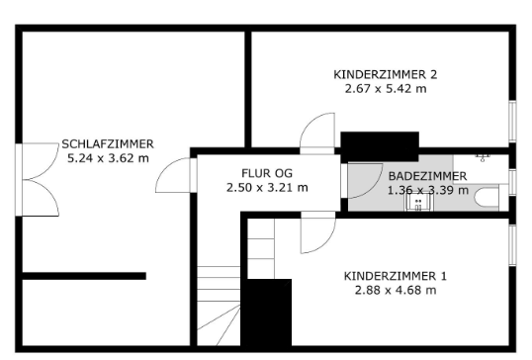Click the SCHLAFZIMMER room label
coord(108,143)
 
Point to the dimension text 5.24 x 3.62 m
coord(108,157)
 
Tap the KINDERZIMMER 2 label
coord(386,74)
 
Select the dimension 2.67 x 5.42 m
coord(386,88)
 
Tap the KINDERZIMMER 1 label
coord(396,276)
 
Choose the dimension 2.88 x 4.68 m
coord(396,290)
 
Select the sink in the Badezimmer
coord(420,202)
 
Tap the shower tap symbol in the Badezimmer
coord(483,156)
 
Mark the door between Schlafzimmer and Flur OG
coord(174,177)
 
